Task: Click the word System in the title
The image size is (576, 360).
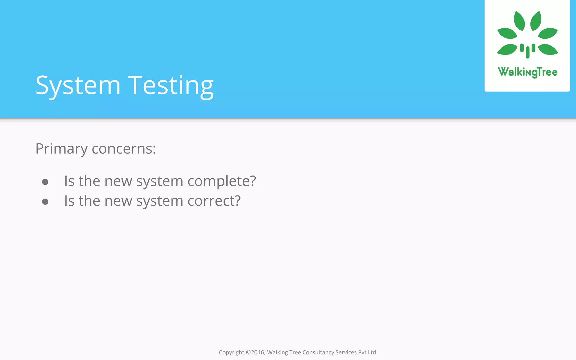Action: (x=78, y=85)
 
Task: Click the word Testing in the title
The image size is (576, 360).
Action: (x=171, y=85)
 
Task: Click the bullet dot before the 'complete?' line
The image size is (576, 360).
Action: (x=45, y=182)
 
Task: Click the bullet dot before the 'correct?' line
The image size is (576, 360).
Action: (x=45, y=202)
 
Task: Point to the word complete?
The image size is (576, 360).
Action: (x=222, y=181)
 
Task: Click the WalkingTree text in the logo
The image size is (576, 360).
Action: (x=528, y=72)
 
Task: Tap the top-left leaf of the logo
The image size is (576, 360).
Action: (x=519, y=21)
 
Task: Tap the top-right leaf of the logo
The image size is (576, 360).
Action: (x=536, y=21)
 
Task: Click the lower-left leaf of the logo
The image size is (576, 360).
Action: (x=507, y=49)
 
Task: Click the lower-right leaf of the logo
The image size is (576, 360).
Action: (x=548, y=49)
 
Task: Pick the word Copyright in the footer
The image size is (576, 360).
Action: (x=231, y=352)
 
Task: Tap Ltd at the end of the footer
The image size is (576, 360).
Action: (x=372, y=352)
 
